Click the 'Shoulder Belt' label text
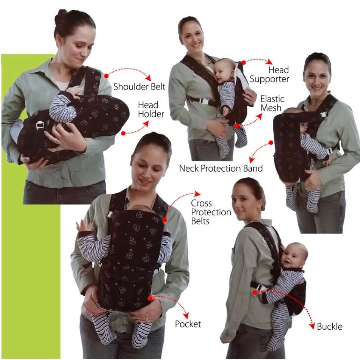pyautogui.click(x=139, y=86)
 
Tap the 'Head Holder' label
pyautogui.click(x=148, y=110)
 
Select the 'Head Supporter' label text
pyautogui.click(x=269, y=75)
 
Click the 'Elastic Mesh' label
pyautogui.click(x=272, y=103)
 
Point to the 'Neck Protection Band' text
pyautogui.click(x=221, y=168)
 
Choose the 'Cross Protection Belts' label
pyautogui.click(x=211, y=212)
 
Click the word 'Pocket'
pyautogui.click(x=188, y=324)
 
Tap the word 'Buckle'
pyautogui.click(x=329, y=327)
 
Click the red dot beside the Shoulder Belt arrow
pyautogui.click(x=106, y=76)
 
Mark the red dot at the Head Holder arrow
pyautogui.click(x=123, y=133)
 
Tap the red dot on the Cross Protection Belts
pyautogui.click(x=165, y=220)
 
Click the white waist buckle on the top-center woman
pyautogui.click(x=204, y=102)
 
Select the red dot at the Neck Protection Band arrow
pyautogui.click(x=271, y=143)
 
